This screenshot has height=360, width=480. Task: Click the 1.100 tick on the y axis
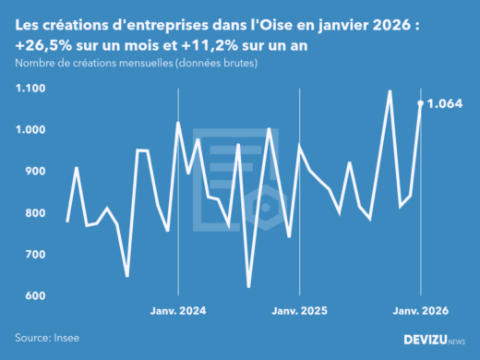tap(30, 89)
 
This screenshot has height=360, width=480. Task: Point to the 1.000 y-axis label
tap(30, 130)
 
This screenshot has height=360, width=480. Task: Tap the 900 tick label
tap(33, 172)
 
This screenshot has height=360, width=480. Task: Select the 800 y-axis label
tap(33, 213)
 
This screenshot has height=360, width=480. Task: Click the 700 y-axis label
tap(33, 255)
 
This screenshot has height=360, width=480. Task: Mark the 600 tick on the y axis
tap(33, 296)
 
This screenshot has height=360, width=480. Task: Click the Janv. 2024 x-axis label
tap(177, 312)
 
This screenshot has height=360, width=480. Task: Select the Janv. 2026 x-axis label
tap(421, 312)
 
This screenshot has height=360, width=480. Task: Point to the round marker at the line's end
tap(421, 103)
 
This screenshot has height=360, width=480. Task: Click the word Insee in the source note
tap(66, 339)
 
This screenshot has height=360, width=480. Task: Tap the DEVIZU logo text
tap(430, 340)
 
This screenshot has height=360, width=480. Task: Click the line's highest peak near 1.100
tap(390, 91)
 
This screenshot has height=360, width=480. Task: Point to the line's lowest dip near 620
tap(249, 287)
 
